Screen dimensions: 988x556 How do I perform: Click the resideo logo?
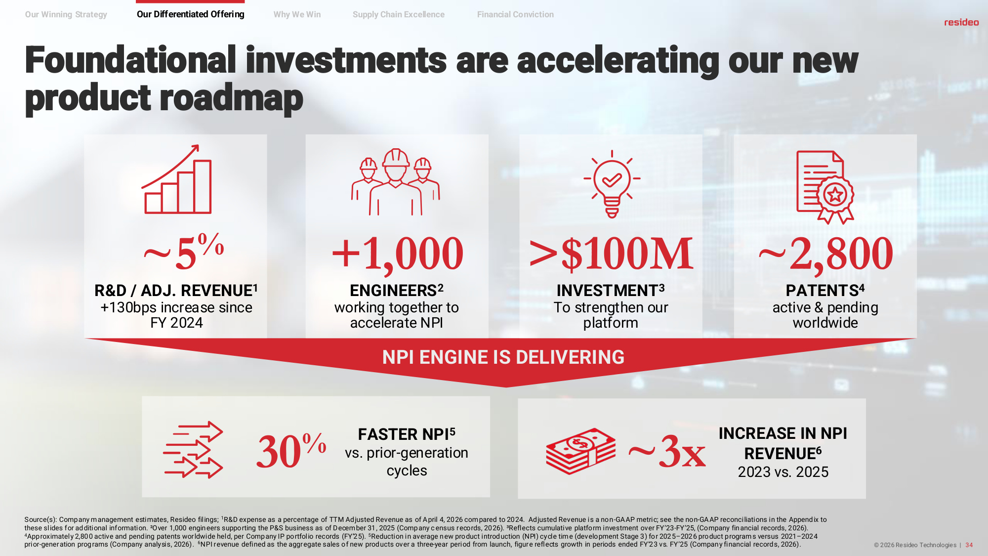pos(961,22)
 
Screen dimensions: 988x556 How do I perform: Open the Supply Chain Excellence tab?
pos(399,14)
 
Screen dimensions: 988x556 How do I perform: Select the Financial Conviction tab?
pos(515,14)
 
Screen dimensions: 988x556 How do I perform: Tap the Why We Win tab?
pos(297,14)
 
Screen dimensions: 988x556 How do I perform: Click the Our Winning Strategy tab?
pos(66,14)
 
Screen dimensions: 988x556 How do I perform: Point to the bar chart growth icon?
pos(177,179)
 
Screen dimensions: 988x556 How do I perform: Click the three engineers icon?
pos(396,182)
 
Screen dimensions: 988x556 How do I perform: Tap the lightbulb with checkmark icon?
pos(612,184)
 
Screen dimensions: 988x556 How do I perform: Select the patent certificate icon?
pos(825,187)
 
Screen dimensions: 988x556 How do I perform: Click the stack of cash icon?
pos(581,451)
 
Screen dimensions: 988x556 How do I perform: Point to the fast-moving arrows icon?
pos(193,450)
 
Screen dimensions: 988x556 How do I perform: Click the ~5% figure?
pos(184,252)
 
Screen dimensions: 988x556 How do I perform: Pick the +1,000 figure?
pos(398,254)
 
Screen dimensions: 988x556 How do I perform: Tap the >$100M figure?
pos(612,254)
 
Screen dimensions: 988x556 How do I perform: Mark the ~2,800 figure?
pos(825,254)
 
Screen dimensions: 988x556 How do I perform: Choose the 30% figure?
pos(291,450)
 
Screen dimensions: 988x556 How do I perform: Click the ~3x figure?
pos(667,451)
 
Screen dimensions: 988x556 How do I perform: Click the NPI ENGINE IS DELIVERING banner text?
pos(503,357)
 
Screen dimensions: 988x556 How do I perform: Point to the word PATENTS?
pos(822,291)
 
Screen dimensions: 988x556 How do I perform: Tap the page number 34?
pos(969,545)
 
